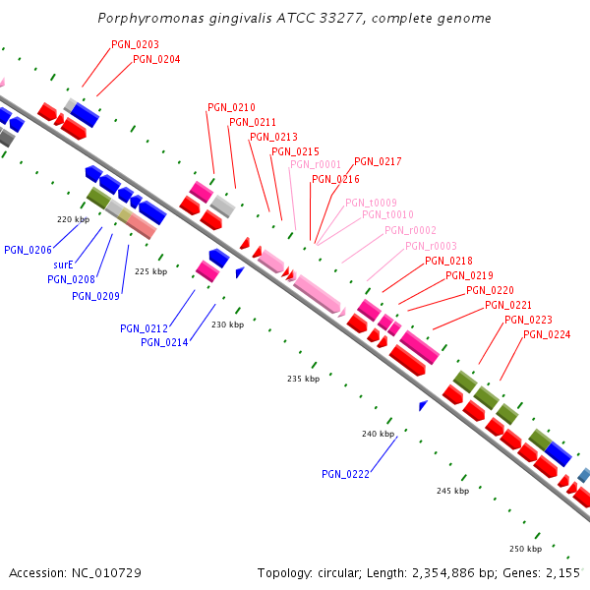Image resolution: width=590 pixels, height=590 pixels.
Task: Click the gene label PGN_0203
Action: [x=135, y=44]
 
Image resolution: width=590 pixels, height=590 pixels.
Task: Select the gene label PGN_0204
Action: [x=156, y=59]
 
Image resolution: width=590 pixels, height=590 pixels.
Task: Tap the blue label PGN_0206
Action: [x=28, y=250]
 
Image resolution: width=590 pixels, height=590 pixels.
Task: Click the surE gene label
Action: [x=63, y=265]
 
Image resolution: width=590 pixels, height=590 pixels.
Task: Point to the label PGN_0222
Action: [x=345, y=474]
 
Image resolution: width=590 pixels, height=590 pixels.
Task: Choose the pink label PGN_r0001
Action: [x=316, y=165]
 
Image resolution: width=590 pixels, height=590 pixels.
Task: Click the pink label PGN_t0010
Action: [x=387, y=214]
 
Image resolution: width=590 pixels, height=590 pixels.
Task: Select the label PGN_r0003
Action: [x=431, y=246]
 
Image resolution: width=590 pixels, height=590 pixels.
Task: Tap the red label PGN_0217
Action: [x=378, y=161]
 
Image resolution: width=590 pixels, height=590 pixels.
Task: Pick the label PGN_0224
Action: [x=547, y=334]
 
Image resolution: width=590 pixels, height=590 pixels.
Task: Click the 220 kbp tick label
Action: [x=73, y=219]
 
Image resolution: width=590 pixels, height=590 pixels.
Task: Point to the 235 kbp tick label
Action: [x=303, y=379]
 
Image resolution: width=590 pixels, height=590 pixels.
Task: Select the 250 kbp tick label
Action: [x=525, y=549]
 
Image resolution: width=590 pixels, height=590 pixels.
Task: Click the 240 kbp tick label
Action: [x=378, y=434]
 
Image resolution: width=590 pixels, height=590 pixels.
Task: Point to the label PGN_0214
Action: [x=164, y=342]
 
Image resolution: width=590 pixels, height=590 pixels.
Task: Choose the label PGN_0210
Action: [x=231, y=107]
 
